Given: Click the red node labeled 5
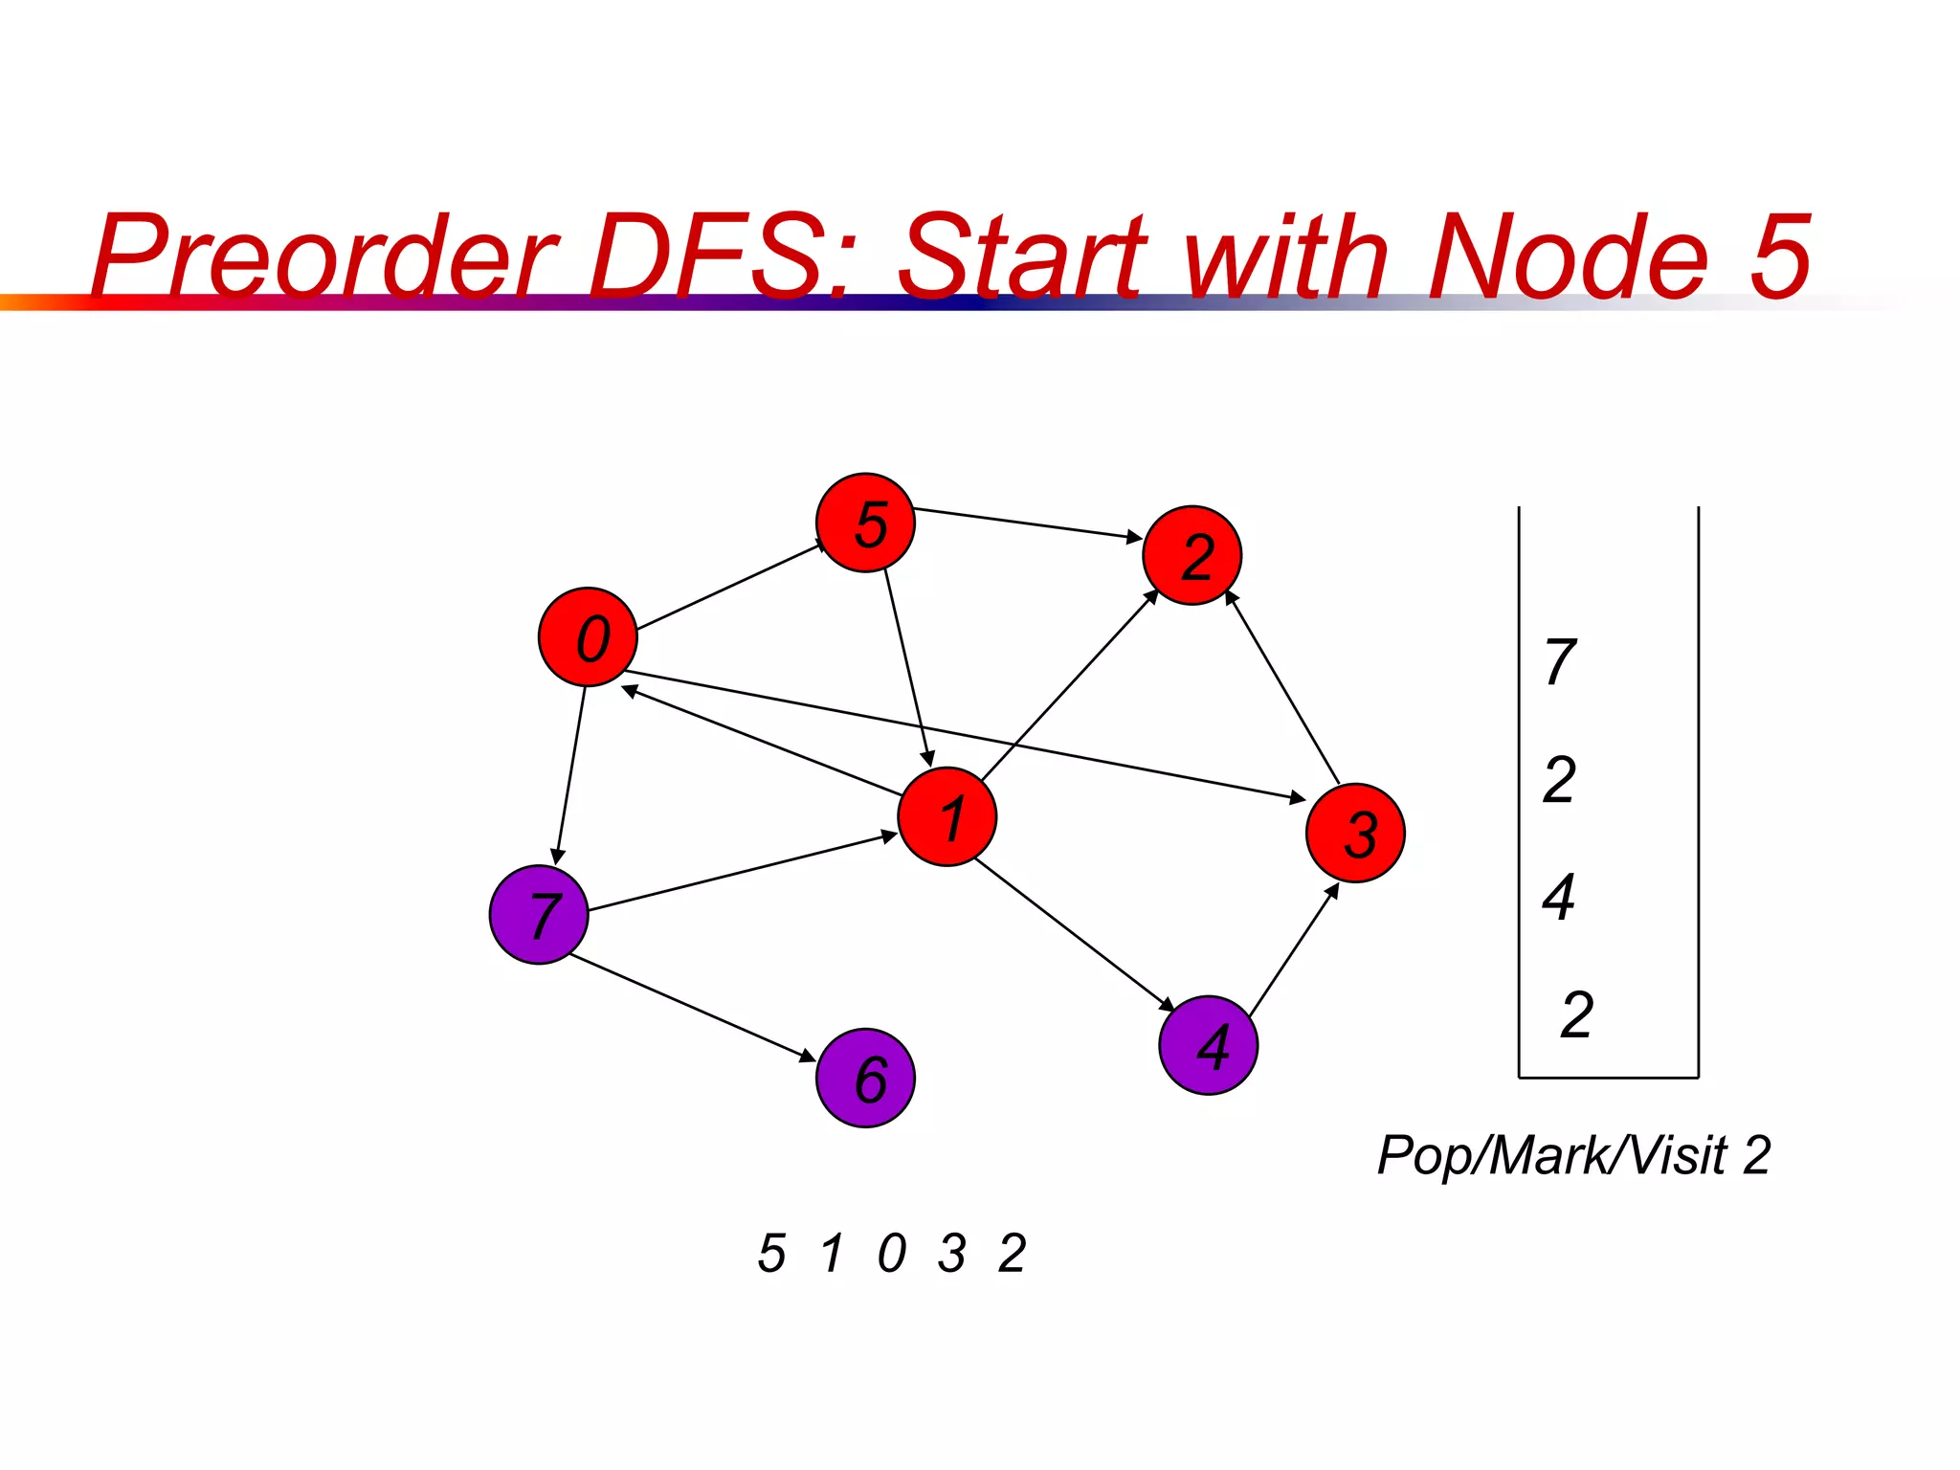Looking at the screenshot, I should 865,523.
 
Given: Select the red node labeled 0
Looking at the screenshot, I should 588,636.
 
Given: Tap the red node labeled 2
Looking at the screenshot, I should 1192,555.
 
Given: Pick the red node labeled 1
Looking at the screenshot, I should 947,816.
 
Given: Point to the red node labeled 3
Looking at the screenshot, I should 1355,833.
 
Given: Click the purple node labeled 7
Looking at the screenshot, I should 538,914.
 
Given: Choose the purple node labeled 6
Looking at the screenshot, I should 865,1078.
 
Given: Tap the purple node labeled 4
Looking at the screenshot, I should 1208,1045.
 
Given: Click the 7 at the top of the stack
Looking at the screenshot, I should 1560,661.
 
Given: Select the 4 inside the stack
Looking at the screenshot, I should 1559,897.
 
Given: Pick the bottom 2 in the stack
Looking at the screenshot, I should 1576,1014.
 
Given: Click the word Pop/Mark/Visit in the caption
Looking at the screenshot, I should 1551,1155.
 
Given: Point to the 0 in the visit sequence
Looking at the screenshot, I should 891,1253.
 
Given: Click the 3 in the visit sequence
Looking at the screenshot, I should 951,1253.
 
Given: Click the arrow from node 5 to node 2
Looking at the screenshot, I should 1028,523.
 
